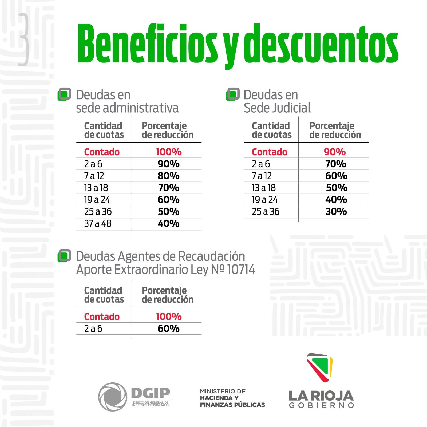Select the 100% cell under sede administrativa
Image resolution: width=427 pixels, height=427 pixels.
(169, 152)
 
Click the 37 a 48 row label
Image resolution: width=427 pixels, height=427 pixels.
(98, 224)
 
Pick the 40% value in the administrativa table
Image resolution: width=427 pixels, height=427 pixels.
(168, 224)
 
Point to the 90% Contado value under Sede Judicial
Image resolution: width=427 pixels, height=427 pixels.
(335, 152)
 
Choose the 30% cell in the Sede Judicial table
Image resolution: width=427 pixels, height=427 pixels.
(336, 212)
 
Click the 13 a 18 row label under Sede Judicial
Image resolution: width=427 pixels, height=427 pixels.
(264, 188)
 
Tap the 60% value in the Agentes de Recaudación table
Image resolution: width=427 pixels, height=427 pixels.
(168, 329)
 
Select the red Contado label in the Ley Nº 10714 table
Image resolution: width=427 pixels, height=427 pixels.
(102, 317)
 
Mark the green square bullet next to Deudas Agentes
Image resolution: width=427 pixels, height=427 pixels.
(64, 256)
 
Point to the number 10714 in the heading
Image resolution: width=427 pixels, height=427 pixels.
(241, 270)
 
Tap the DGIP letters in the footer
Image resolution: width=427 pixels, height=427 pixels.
(151, 393)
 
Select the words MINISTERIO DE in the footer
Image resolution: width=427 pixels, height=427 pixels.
(223, 391)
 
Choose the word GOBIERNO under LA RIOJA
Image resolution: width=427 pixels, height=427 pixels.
(321, 405)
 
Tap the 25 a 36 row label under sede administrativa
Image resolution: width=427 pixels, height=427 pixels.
(98, 212)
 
